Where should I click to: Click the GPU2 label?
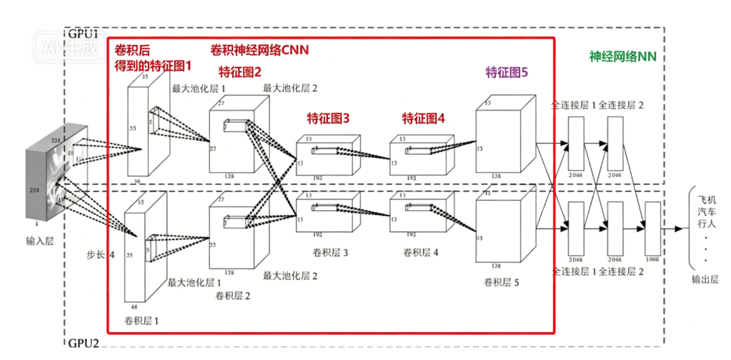(x=84, y=342)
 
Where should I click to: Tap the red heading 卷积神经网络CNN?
(x=259, y=50)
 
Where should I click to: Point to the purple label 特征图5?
(x=507, y=71)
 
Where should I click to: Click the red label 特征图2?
(x=240, y=71)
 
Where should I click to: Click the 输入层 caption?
(x=40, y=241)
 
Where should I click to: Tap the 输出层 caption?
(x=705, y=279)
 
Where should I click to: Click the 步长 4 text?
(x=100, y=254)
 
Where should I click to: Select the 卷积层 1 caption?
(x=141, y=321)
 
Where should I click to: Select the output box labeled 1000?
(x=653, y=224)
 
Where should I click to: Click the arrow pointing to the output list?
(x=672, y=229)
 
